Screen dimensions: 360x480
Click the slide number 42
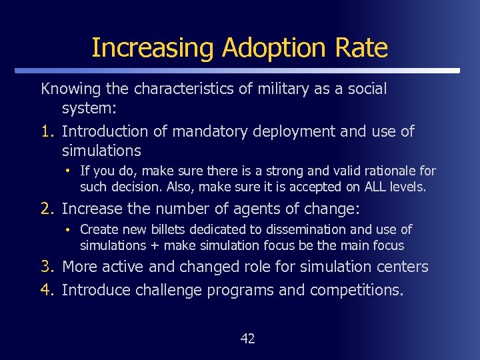[247, 339]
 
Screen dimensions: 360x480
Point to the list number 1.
[47, 131]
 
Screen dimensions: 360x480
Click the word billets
[169, 229]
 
